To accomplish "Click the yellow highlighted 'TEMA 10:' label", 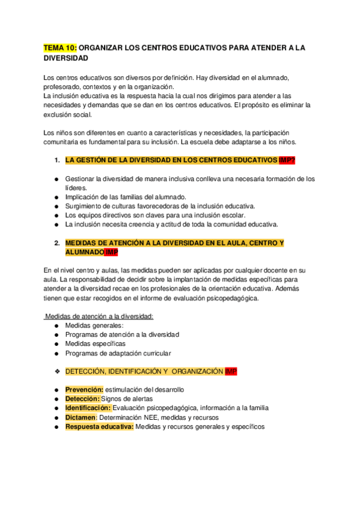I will (x=61, y=48).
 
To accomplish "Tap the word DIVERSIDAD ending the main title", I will (x=67, y=58).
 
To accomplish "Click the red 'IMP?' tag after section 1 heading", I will (x=287, y=161).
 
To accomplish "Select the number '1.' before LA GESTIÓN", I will (x=56, y=161).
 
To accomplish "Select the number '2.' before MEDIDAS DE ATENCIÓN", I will (x=56, y=243).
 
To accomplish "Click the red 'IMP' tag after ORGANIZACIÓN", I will (x=231, y=371).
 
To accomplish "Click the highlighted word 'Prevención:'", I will (x=84, y=390).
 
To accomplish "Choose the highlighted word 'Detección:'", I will (x=82, y=399).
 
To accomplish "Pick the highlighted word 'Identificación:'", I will (x=88, y=408).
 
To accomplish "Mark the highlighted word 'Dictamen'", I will (x=81, y=417).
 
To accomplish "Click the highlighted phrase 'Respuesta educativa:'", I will (x=100, y=426).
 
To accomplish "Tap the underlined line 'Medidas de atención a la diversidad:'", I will (x=100, y=316).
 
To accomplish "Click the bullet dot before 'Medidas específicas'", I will (x=56, y=344).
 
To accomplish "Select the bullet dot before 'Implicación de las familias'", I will (x=56, y=197).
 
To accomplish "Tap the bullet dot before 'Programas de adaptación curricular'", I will (x=56, y=353).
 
